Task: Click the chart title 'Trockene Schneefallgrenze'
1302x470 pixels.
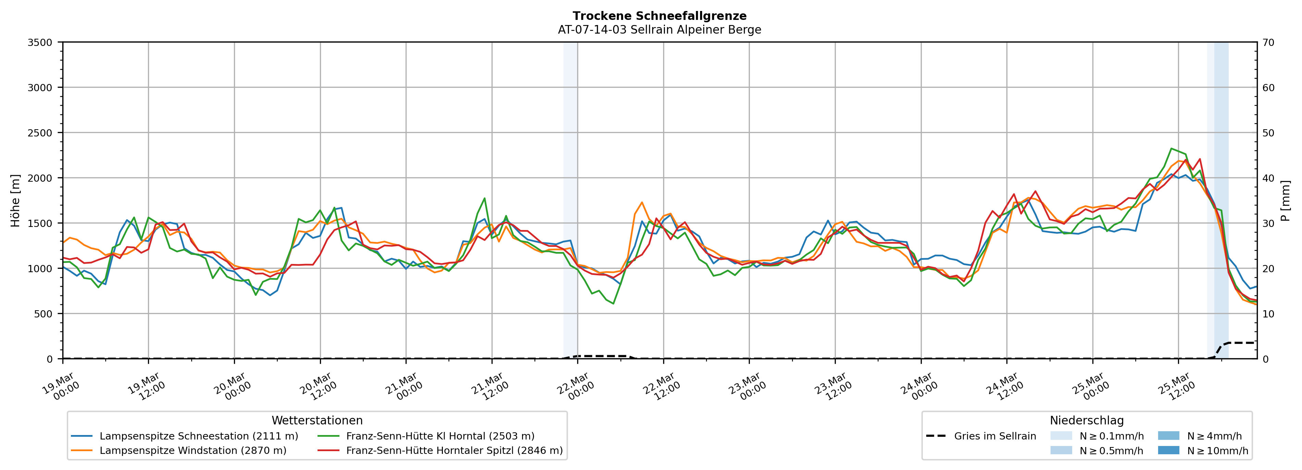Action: pos(659,16)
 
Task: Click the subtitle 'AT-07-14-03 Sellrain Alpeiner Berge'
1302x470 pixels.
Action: pos(659,30)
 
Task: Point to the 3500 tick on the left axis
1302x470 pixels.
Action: pos(40,43)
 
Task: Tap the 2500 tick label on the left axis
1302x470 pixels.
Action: pos(40,133)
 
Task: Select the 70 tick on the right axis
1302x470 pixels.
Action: pos(1268,43)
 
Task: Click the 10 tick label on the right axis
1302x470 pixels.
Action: pos(1268,314)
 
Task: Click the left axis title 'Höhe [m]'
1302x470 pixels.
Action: pos(15,200)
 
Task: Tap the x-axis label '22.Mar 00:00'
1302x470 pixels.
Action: pos(575,386)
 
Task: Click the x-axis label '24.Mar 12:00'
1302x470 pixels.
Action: pos(1004,386)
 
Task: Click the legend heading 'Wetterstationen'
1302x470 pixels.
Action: pos(317,420)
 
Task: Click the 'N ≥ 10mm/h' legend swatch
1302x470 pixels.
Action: pos(1168,450)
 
